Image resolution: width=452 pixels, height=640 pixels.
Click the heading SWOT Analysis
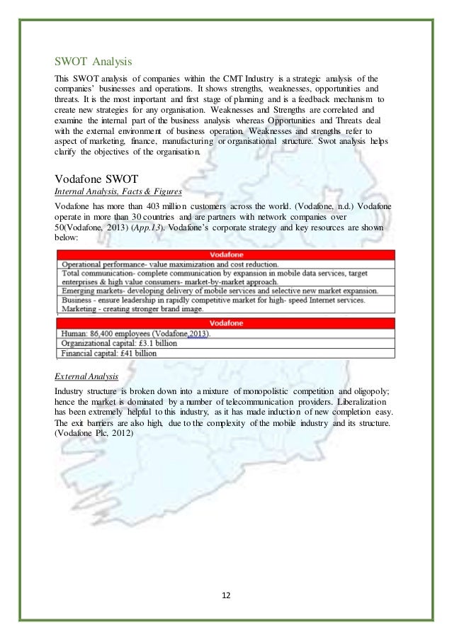click(x=93, y=60)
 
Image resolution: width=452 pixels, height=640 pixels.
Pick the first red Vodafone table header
click(x=225, y=254)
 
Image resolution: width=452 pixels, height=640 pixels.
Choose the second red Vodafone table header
click(x=225, y=322)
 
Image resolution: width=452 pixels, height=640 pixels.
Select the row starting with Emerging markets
click(x=213, y=290)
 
